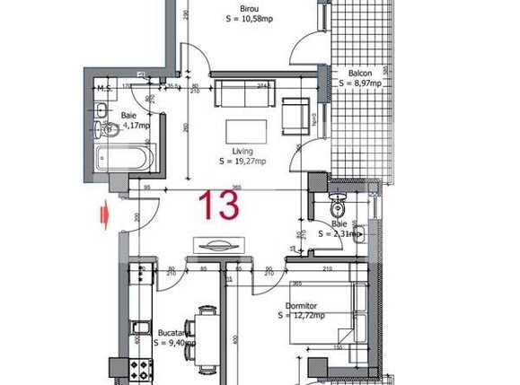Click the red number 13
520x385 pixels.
click(219, 206)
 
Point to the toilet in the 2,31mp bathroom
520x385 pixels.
click(338, 198)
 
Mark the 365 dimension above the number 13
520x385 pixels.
click(235, 187)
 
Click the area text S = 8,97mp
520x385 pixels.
click(361, 83)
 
